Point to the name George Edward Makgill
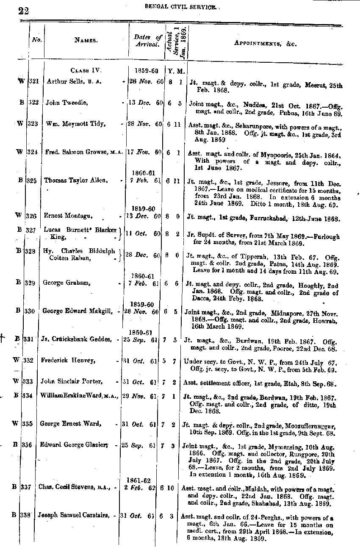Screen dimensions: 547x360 click(x=77, y=311)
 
